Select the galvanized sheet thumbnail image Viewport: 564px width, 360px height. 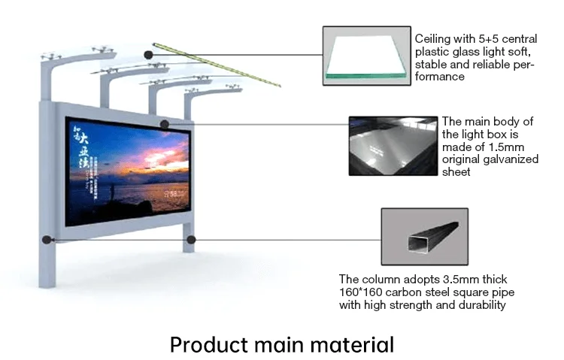pyautogui.click(x=393, y=147)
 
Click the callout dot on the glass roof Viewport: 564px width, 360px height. pyautogui.click(x=149, y=54)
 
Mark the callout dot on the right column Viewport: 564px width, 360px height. pyautogui.click(x=191, y=240)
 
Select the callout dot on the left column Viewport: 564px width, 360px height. pyautogui.click(x=47, y=241)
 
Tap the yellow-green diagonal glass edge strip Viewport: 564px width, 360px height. pyautogui.click(x=218, y=65)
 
